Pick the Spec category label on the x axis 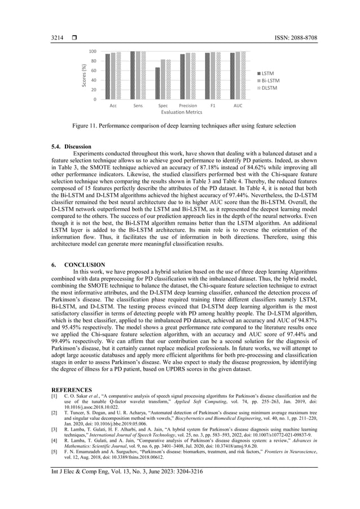(x=163, y=106)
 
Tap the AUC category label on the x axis (x=238, y=106)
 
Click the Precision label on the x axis (x=188, y=106)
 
